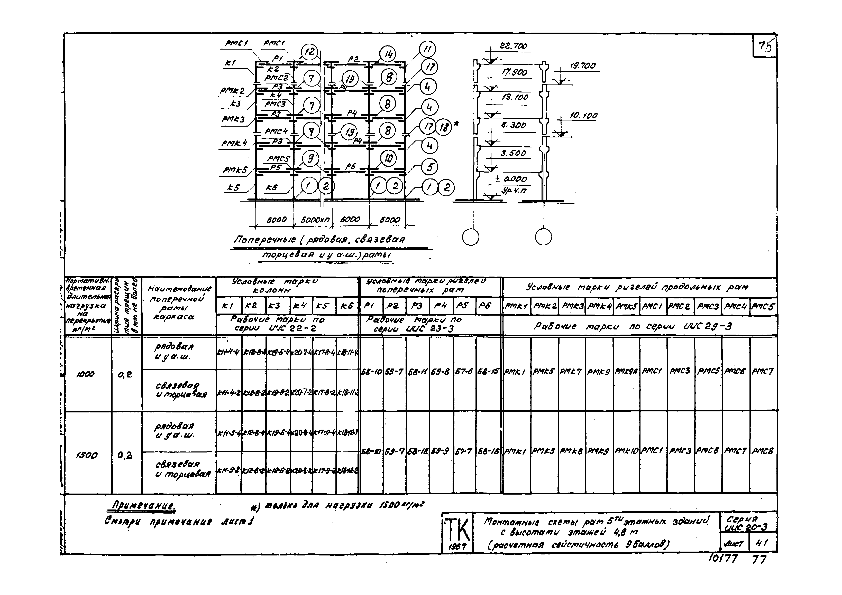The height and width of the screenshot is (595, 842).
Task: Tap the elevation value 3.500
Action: (x=513, y=153)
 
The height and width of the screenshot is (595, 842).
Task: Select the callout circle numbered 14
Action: (x=388, y=55)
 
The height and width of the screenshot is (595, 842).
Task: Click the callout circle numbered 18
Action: (x=444, y=127)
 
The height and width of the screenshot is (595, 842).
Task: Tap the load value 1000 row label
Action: (x=85, y=374)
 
